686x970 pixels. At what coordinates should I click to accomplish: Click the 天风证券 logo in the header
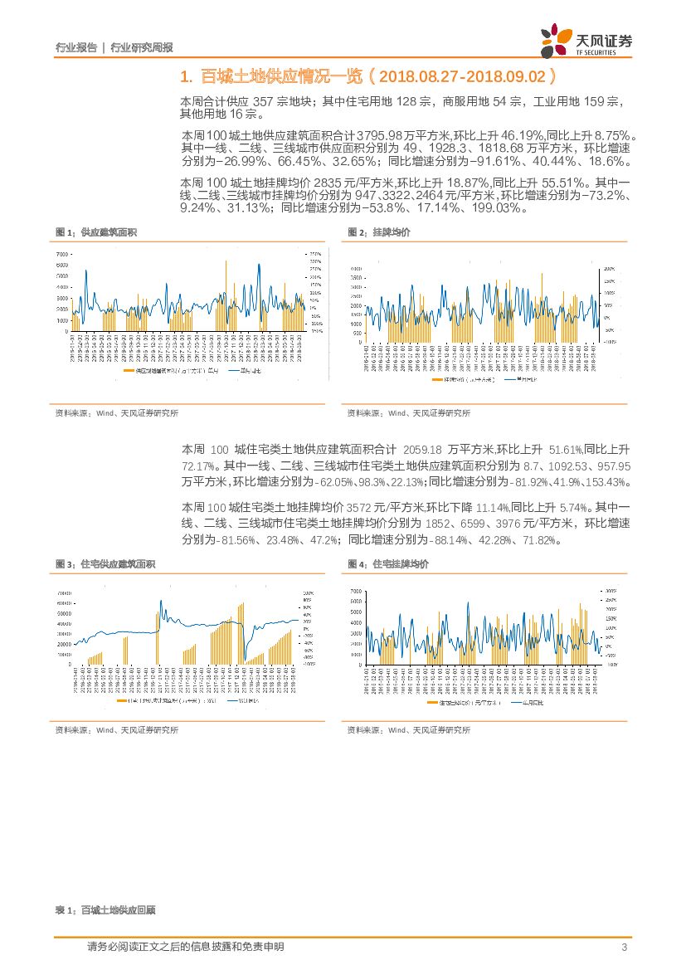coord(586,40)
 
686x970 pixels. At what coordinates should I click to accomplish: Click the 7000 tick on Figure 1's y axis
coord(62,253)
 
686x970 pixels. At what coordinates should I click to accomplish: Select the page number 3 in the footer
coord(623,948)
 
